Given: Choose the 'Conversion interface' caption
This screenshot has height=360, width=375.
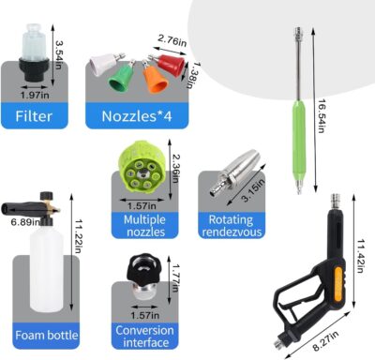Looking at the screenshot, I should point(144,336).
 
